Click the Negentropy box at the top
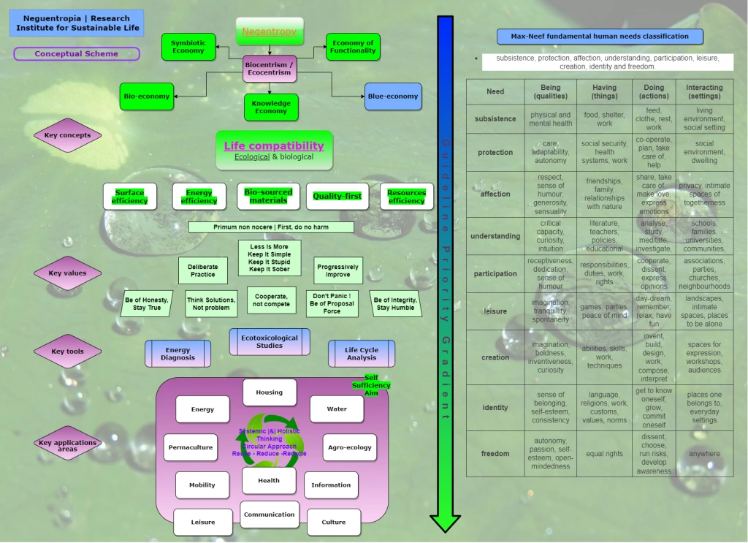[270, 31]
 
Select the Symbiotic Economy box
[188, 47]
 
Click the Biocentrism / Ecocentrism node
[270, 69]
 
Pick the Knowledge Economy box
[271, 107]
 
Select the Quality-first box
[337, 197]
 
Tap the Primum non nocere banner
[271, 227]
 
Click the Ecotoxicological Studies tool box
[270, 342]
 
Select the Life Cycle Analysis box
[362, 354]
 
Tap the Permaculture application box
[191, 447]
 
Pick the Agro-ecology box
[350, 447]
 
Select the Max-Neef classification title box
[600, 37]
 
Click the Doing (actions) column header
[654, 91]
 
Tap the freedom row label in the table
[495, 454]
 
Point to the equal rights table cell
[604, 454]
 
